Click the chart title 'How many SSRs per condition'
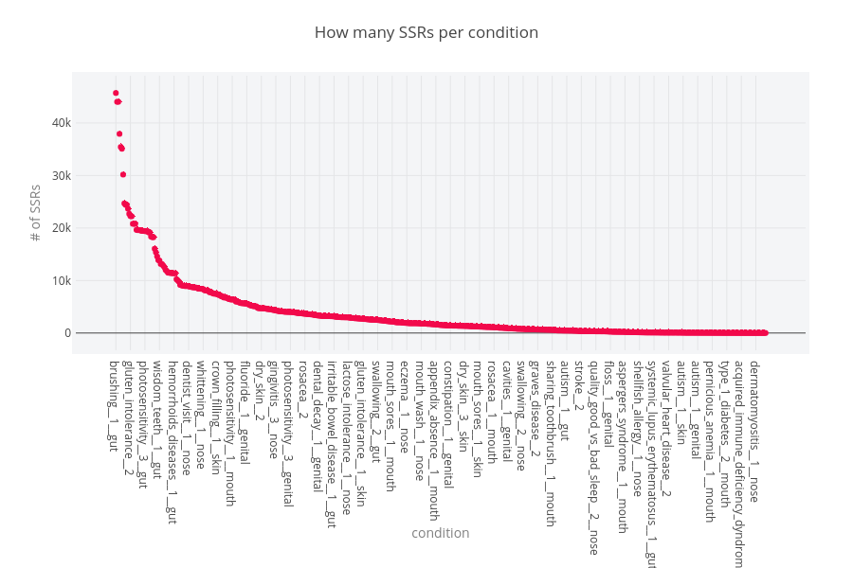[426, 33]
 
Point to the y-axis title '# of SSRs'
[35, 213]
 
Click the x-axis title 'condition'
[440, 533]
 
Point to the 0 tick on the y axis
[68, 333]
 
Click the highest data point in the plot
[116, 93]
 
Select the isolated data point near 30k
[123, 174]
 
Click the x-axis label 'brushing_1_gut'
[114, 405]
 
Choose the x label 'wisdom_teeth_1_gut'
[157, 414]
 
